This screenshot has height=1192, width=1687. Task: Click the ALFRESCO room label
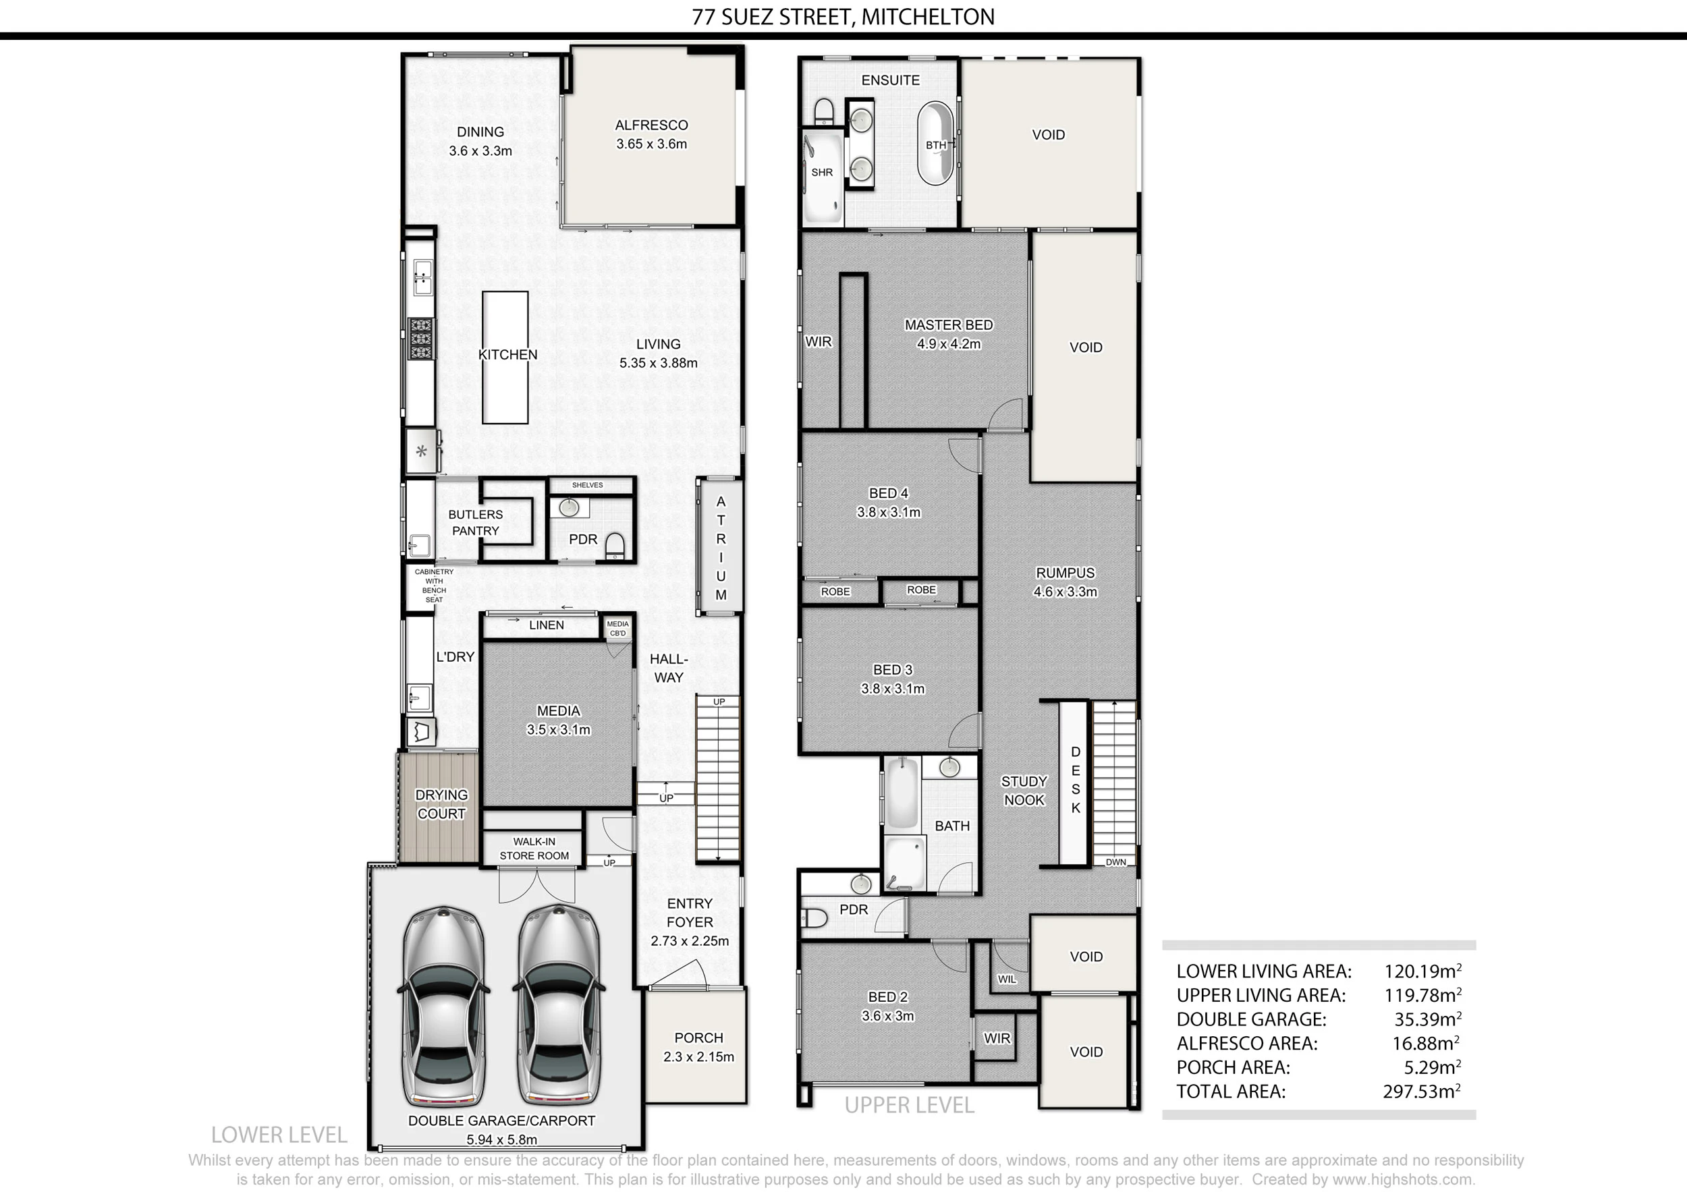651,125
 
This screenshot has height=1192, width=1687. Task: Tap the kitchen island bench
505,358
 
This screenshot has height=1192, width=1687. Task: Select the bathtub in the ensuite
935,142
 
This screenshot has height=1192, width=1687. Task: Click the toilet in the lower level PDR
614,546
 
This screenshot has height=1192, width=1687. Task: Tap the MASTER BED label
949,324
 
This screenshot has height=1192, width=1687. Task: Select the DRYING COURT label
441,804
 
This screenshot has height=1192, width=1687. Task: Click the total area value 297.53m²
1422,1091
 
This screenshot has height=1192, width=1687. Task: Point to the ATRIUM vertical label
721,548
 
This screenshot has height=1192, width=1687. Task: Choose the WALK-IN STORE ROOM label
534,848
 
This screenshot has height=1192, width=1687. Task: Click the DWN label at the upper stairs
1115,862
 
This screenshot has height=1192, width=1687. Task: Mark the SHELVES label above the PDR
587,486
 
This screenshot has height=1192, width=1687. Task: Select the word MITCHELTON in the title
928,17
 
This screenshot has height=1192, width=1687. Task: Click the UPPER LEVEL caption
910,1106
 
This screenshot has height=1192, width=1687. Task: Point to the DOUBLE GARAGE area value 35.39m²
1428,1019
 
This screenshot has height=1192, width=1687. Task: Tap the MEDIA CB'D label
618,629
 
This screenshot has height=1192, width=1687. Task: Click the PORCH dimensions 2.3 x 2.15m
698,1057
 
